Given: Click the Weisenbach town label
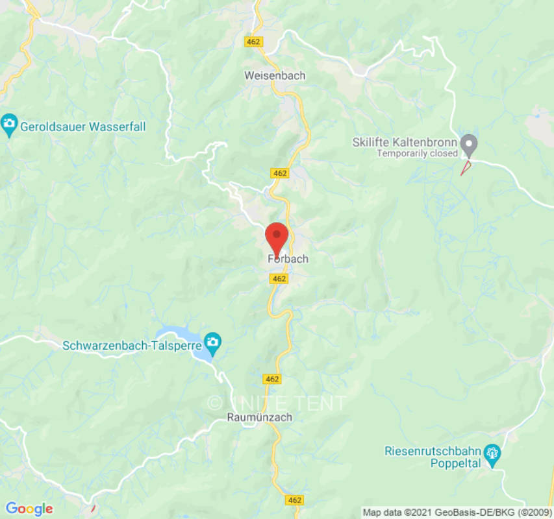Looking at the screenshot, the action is (275, 75).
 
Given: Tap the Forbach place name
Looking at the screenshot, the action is (288, 259).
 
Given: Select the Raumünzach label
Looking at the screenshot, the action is (259, 417).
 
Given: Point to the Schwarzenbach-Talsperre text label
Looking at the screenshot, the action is (132, 345).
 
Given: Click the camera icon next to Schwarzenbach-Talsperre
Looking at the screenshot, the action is (212, 341).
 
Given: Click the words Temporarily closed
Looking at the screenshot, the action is (418, 154).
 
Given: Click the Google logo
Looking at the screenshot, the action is (29, 509).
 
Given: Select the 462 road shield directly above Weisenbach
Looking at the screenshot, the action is (254, 42).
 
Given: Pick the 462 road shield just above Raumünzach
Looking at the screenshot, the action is (273, 379).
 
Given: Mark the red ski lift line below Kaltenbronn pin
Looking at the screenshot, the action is (466, 168).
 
